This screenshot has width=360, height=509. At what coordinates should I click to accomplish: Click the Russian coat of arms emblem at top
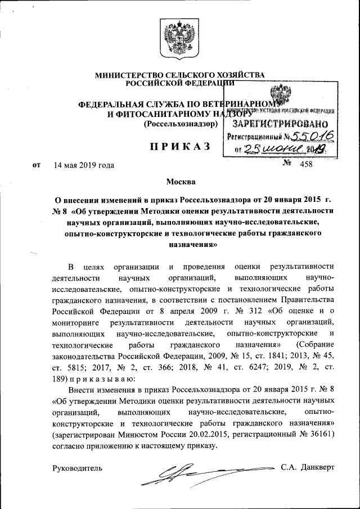pos(179,39)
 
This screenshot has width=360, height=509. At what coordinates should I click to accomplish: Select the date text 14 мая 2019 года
pos(84,165)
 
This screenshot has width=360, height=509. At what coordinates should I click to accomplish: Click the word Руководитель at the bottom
pos(77,468)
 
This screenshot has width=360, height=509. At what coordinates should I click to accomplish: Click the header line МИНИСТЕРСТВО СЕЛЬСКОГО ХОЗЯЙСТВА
pos(179,75)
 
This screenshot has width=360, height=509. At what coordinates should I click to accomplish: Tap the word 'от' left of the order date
pos(37,165)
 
